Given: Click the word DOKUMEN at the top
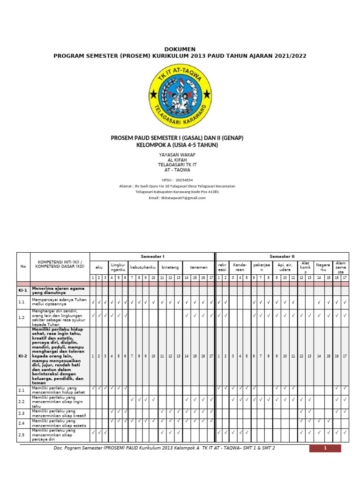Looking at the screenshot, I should click(180, 49).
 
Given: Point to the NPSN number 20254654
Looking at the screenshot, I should click(184, 180).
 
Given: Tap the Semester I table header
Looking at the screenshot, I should click(152, 256).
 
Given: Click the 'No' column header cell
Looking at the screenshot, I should click(23, 266).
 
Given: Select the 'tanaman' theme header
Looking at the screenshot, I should click(199, 267).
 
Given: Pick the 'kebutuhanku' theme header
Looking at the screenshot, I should click(142, 267).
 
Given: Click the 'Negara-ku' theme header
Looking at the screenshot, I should click(322, 267).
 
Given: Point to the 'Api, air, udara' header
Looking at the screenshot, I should click(285, 267).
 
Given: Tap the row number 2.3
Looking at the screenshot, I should click(22, 413).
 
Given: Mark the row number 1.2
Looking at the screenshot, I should click(22, 318).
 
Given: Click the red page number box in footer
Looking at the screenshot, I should click(325, 448).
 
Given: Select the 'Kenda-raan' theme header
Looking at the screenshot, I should click(240, 267).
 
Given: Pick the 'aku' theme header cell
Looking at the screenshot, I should click(99, 267).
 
